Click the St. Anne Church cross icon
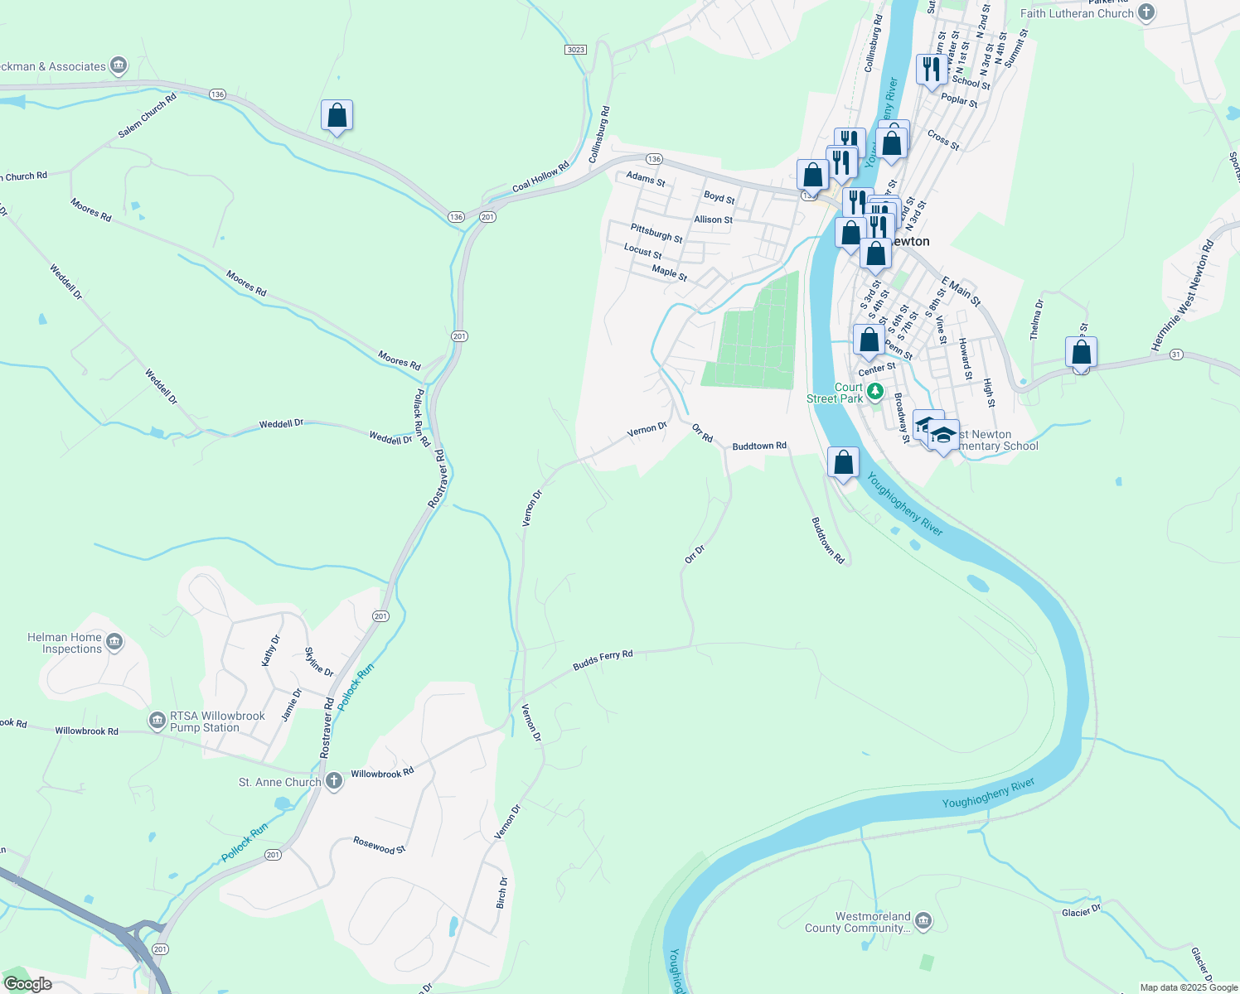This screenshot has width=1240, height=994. pyautogui.click(x=334, y=781)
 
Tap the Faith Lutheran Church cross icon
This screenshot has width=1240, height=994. pyautogui.click(x=1146, y=12)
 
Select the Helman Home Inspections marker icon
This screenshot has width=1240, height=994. pyautogui.click(x=115, y=642)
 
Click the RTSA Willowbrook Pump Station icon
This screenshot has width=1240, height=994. pyautogui.click(x=157, y=721)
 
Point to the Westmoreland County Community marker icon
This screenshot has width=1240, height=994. pyautogui.click(x=923, y=921)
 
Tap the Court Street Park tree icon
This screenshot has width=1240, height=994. pyautogui.click(x=874, y=392)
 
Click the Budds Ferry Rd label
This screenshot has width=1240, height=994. pyautogui.click(x=603, y=659)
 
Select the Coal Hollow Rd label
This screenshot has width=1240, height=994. pyautogui.click(x=540, y=176)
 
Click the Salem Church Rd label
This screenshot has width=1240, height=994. pyautogui.click(x=148, y=115)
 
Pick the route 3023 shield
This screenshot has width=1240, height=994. pyautogui.click(x=576, y=50)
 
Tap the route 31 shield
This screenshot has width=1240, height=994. pyautogui.click(x=1176, y=355)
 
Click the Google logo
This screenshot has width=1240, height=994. pyautogui.click(x=27, y=983)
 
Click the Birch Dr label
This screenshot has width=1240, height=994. pyautogui.click(x=501, y=892)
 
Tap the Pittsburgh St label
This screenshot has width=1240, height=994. pyautogui.click(x=656, y=233)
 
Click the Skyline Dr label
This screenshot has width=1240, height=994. pyautogui.click(x=319, y=662)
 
